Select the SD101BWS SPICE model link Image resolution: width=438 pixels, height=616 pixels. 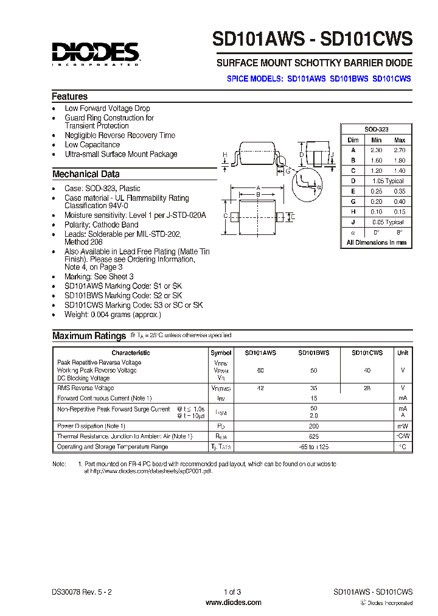[x=349, y=79]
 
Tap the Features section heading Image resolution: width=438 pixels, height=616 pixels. [x=69, y=97]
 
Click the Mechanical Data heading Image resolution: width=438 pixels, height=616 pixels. [x=86, y=174]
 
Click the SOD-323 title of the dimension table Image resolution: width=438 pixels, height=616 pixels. [x=376, y=130]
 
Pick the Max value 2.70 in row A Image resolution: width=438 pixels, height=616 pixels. [x=399, y=150]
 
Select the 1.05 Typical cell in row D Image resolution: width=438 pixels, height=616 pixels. [x=388, y=181]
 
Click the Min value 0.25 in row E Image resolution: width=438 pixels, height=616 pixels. [x=377, y=191]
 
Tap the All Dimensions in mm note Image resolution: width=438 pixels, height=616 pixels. [x=376, y=242]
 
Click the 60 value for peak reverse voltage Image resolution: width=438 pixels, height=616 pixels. [x=260, y=370]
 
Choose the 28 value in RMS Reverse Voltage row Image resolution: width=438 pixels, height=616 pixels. [x=366, y=388]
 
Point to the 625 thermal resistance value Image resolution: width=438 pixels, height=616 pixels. [x=313, y=436]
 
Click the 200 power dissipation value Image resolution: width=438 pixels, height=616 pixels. [x=313, y=426]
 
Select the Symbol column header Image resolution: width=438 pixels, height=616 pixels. [x=221, y=352]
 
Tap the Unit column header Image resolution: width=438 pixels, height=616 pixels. [x=403, y=352]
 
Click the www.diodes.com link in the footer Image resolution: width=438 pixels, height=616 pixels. [x=234, y=603]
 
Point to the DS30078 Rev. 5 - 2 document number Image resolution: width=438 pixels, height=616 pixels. [x=82, y=592]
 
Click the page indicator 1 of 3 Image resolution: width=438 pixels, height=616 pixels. [x=234, y=592]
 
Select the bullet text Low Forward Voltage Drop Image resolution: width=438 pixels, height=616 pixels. [x=107, y=108]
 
